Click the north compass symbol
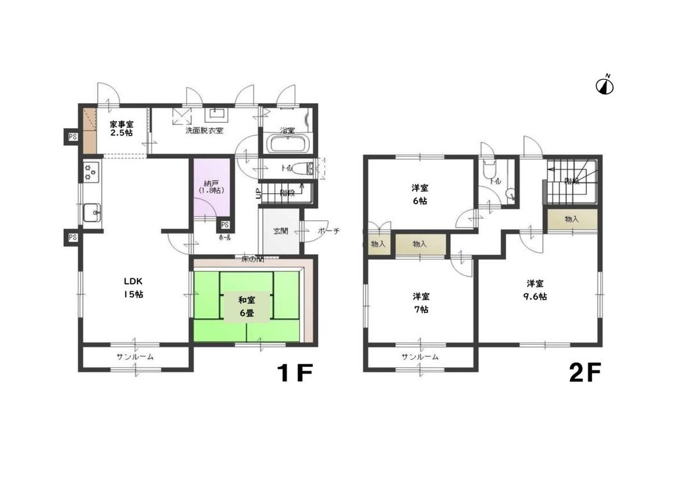[x=605, y=85]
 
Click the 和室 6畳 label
[x=246, y=305]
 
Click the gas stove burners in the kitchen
[x=90, y=172]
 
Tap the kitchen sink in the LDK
[x=91, y=212]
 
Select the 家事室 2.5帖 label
[x=121, y=129]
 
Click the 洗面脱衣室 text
[x=204, y=131]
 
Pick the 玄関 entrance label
[x=280, y=231]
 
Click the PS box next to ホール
[x=225, y=225]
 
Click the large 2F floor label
[x=585, y=374]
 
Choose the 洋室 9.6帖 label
[x=536, y=289]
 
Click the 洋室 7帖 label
[x=420, y=302]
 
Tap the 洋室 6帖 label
[x=420, y=194]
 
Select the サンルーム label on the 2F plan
[x=420, y=357]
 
